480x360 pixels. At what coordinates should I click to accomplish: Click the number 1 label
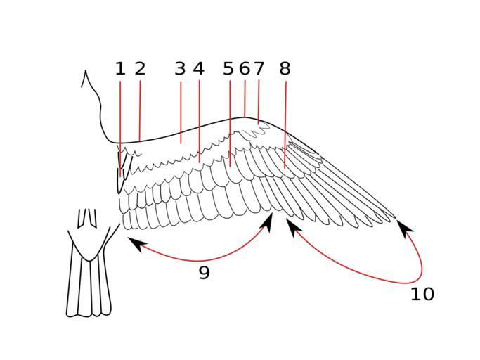pyautogui.click(x=120, y=69)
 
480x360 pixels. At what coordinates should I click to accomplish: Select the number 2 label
pyautogui.click(x=140, y=69)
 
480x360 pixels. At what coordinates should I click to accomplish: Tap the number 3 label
pyautogui.click(x=180, y=69)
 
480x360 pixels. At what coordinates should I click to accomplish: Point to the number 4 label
pyautogui.click(x=199, y=69)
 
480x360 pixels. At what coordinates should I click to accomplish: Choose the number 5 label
pyautogui.click(x=228, y=69)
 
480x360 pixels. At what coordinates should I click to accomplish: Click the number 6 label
pyautogui.click(x=245, y=69)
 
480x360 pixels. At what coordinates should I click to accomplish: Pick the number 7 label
pyautogui.click(x=259, y=69)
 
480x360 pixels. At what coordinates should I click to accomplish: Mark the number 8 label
pyautogui.click(x=285, y=69)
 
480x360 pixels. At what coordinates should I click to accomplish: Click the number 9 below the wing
pyautogui.click(x=205, y=272)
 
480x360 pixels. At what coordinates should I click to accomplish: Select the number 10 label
pyautogui.click(x=422, y=294)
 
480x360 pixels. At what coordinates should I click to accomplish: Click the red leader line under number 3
pyautogui.click(x=181, y=112)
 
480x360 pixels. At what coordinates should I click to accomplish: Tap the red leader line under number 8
pyautogui.click(x=285, y=124)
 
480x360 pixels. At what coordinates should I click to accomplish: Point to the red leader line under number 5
pyautogui.click(x=230, y=124)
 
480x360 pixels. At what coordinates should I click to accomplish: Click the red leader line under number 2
pyautogui.click(x=140, y=111)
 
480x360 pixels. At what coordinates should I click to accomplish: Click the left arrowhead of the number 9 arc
pyautogui.click(x=136, y=243)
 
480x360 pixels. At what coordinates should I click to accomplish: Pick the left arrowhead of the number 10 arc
pyautogui.click(x=293, y=226)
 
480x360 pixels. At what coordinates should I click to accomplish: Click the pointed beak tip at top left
pyautogui.click(x=86, y=71)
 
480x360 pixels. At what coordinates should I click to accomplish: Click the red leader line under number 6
pyautogui.click(x=245, y=98)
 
